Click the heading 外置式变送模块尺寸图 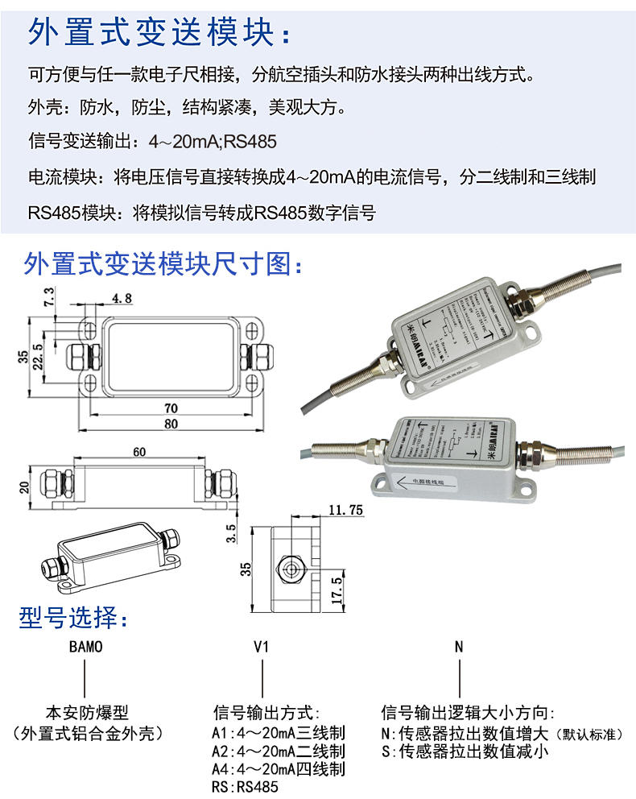tap(165, 263)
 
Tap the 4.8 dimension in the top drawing tap(122, 298)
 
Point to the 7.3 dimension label tap(49, 297)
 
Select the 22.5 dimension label tap(37, 353)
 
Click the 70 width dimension tap(170, 408)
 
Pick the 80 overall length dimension tap(170, 424)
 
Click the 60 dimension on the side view tap(139, 452)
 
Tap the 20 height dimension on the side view tap(24, 486)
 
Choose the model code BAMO tap(86, 647)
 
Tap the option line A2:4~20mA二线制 tap(278, 751)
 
